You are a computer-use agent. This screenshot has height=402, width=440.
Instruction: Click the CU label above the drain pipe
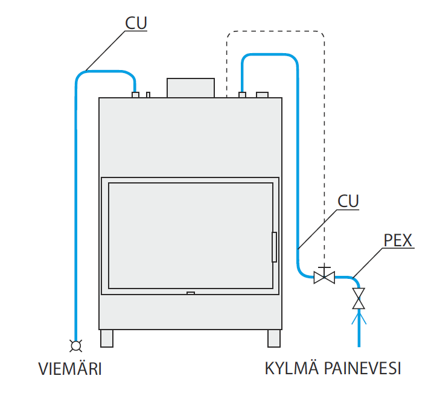pyautogui.click(x=136, y=23)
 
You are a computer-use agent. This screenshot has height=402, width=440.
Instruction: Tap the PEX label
pyautogui.click(x=398, y=240)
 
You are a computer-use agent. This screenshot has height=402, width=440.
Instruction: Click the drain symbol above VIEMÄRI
pyautogui.click(x=76, y=345)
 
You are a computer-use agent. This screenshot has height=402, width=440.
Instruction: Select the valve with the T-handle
pyautogui.click(x=324, y=276)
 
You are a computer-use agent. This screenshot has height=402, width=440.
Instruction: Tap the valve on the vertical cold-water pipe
pyautogui.click(x=359, y=298)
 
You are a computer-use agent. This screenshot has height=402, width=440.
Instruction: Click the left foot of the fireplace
pyautogui.click(x=107, y=338)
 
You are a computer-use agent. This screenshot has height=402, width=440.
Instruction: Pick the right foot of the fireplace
pyautogui.click(x=274, y=338)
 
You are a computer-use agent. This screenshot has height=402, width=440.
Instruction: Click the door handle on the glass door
pyautogui.click(x=274, y=247)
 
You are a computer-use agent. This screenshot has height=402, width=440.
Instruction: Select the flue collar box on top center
pyautogui.click(x=191, y=88)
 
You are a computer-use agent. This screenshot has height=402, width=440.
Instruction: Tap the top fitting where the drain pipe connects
pyautogui.click(x=136, y=94)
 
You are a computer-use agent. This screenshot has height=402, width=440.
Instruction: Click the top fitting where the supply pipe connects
pyautogui.click(x=242, y=94)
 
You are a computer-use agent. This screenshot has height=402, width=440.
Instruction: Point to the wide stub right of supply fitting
pyautogui.click(x=263, y=94)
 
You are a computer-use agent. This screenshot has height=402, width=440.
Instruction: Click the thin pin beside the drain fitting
pyautogui.click(x=148, y=94)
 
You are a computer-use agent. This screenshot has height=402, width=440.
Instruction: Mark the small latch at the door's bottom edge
pyautogui.click(x=191, y=293)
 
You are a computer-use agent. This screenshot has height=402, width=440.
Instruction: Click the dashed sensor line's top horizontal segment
pyautogui.click(x=276, y=31)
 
